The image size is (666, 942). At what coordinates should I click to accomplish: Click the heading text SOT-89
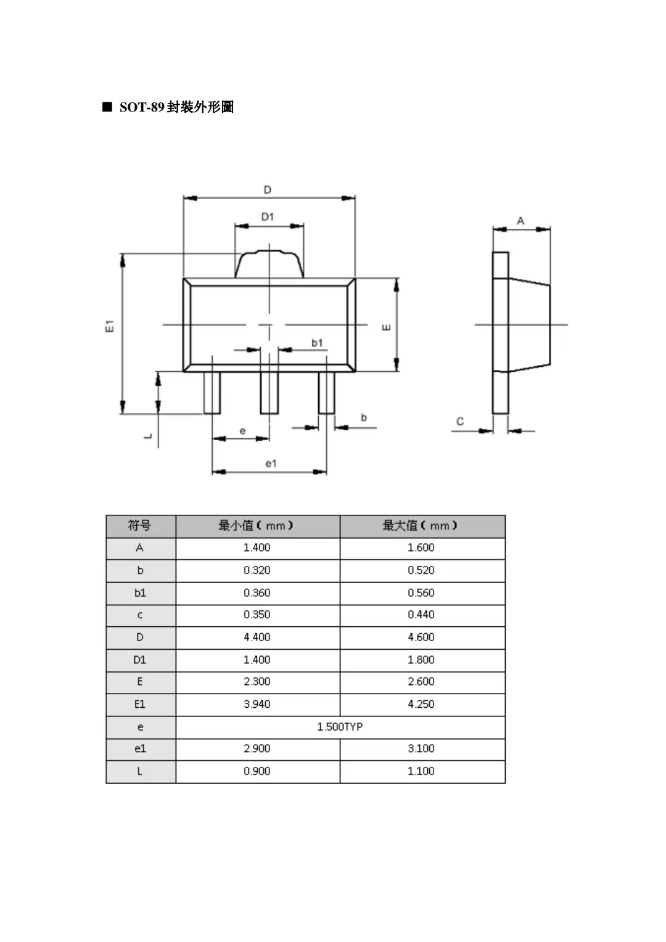pyautogui.click(x=141, y=107)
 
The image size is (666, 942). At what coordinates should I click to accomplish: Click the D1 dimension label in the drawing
pyautogui.click(x=267, y=217)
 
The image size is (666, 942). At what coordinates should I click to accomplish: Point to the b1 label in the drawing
pyautogui.click(x=317, y=343)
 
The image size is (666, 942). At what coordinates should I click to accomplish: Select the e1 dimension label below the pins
pyautogui.click(x=271, y=463)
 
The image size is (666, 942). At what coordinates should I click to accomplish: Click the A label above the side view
pyautogui.click(x=520, y=221)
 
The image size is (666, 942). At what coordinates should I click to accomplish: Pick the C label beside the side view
pyautogui.click(x=460, y=422)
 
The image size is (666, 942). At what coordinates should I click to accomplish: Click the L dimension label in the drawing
pyautogui.click(x=148, y=436)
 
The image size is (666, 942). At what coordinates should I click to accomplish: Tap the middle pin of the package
pyautogui.click(x=269, y=393)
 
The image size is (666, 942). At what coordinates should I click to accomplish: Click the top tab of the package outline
pyautogui.click(x=269, y=264)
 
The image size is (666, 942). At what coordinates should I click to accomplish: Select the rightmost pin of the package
pyautogui.click(x=326, y=393)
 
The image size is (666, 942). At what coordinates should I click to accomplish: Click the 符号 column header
pyautogui.click(x=140, y=526)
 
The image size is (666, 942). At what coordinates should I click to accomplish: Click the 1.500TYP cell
pyautogui.click(x=340, y=727)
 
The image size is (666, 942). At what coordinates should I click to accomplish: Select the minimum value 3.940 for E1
pyautogui.click(x=257, y=704)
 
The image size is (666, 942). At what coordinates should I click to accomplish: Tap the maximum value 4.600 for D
pyautogui.click(x=421, y=637)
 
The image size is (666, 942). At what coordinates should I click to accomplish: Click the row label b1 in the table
pyautogui.click(x=140, y=592)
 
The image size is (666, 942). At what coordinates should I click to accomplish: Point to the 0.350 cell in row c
pyautogui.click(x=257, y=615)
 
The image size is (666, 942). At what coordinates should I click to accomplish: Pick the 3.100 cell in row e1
pyautogui.click(x=421, y=748)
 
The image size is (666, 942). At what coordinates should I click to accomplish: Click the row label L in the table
pyautogui.click(x=140, y=771)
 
